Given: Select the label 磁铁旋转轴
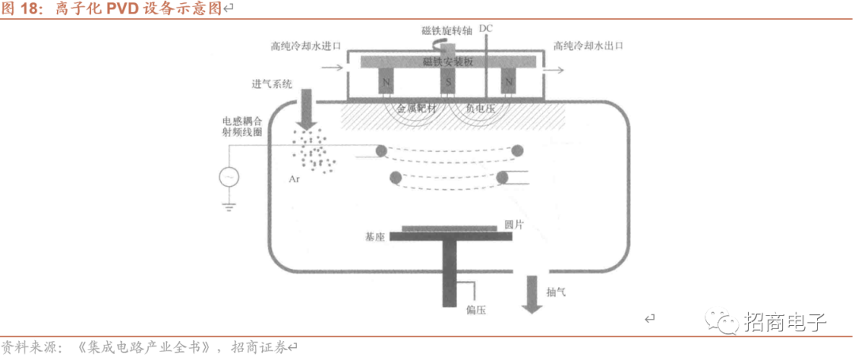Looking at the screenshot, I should pyautogui.click(x=446, y=31).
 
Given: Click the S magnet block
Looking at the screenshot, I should pyautogui.click(x=447, y=82).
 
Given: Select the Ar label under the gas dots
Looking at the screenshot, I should pyautogui.click(x=294, y=180).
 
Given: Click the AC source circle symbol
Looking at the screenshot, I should pyautogui.click(x=230, y=176).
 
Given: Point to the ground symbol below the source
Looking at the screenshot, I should pyautogui.click(x=230, y=207).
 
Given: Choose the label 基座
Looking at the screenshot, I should pyautogui.click(x=375, y=237).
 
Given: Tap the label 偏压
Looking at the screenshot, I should pyautogui.click(x=476, y=310).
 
